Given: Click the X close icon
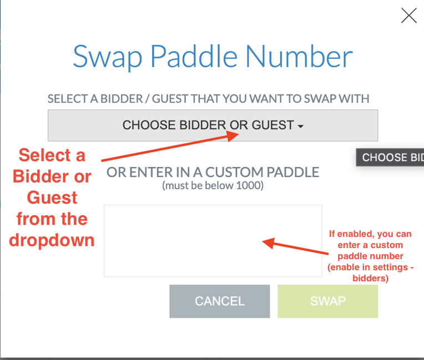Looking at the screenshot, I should (409, 16).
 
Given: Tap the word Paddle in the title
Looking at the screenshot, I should (194, 57).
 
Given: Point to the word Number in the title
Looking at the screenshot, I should (299, 57).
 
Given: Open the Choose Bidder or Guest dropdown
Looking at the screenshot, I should (213, 125).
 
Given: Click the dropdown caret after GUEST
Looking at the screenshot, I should (301, 126).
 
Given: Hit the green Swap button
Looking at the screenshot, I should (327, 301).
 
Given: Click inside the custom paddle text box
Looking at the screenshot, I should (213, 240).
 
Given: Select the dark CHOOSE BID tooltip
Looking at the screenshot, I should (390, 158).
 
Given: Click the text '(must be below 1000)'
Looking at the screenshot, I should (213, 185).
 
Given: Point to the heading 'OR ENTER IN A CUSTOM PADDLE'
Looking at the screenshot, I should (213, 172).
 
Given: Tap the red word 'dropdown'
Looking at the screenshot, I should (52, 240).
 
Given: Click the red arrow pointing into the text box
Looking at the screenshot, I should (294, 247).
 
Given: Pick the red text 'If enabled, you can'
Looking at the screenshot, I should (370, 234).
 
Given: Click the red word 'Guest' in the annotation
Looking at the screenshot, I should (52, 197).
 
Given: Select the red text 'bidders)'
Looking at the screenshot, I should (370, 278).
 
